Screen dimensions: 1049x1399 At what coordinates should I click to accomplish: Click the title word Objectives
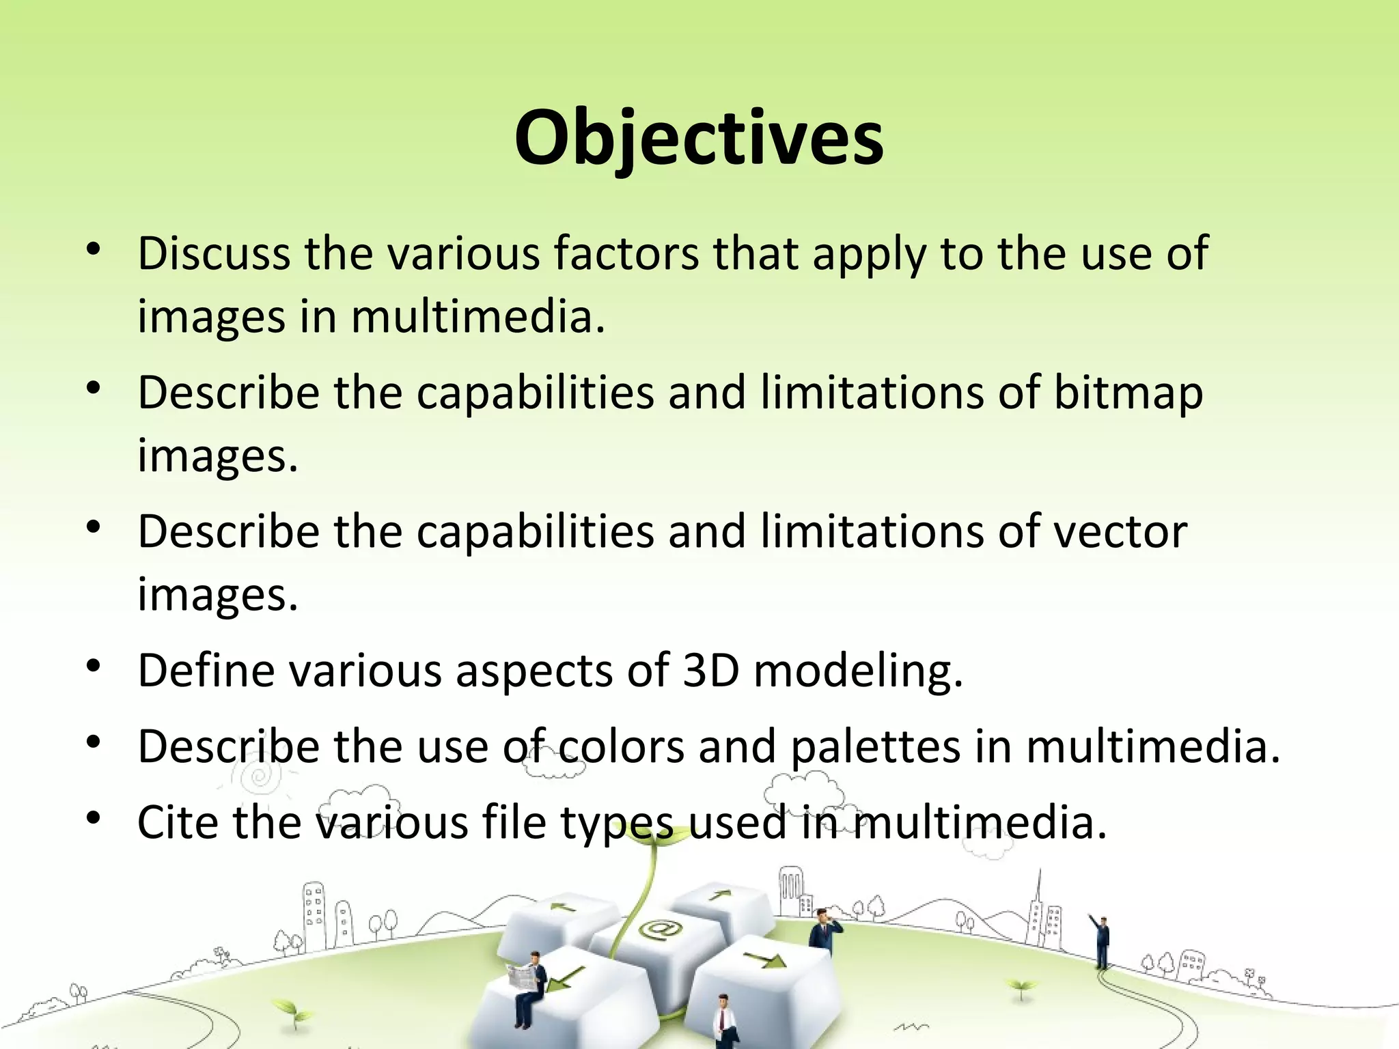699,140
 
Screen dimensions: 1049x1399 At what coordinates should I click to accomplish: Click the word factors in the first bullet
626,253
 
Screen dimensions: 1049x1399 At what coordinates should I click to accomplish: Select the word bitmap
1127,393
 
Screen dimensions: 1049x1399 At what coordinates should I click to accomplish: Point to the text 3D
711,671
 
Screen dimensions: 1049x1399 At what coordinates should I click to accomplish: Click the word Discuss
214,253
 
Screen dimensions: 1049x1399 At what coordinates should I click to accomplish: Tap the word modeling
858,672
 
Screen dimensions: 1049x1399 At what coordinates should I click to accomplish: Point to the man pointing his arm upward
1101,942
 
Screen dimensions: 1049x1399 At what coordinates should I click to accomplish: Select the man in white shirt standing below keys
722,1021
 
